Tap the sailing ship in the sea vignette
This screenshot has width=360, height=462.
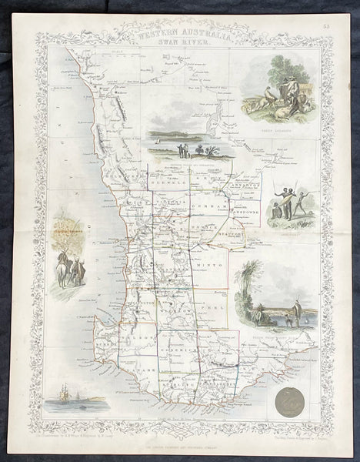pyautogui.click(x=61, y=381)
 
